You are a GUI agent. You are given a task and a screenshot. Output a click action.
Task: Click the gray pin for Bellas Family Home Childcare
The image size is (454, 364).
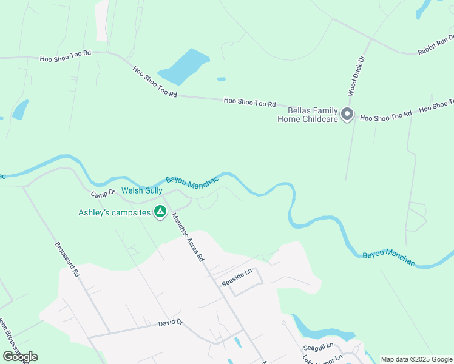point(347,114)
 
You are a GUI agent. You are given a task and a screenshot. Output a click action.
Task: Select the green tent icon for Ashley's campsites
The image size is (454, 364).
point(160,212)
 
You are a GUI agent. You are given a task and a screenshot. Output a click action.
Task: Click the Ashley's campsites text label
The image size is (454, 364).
point(113,212)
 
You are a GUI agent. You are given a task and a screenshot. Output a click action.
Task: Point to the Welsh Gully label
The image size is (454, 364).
point(141,190)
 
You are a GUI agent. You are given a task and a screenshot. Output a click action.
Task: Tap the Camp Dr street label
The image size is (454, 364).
point(103,194)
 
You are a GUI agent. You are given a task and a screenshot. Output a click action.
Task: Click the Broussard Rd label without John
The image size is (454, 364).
point(67,261)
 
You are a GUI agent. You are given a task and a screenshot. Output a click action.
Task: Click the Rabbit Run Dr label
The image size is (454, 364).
point(435,45)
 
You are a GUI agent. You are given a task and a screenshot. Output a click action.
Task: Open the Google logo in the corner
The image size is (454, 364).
point(20,357)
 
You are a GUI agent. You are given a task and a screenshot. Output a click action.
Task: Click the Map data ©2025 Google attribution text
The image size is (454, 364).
point(416,359)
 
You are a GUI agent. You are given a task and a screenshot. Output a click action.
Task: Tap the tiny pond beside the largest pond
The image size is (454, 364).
point(221,79)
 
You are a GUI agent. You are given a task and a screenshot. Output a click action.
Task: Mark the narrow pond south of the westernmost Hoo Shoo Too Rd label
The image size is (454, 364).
point(20,109)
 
